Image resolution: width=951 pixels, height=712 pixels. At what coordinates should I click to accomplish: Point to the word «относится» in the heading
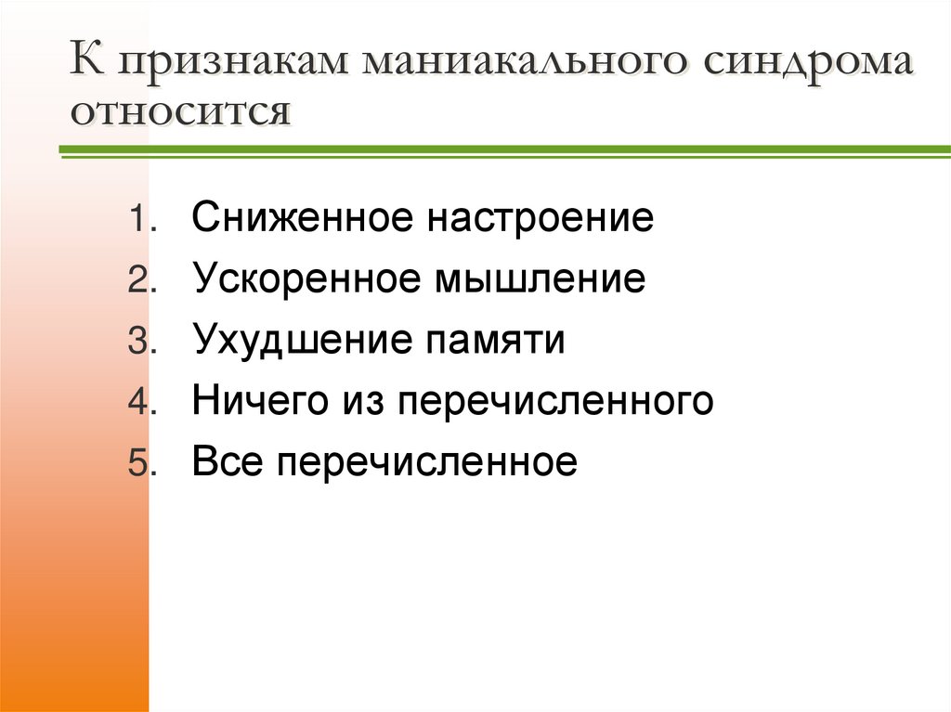click(x=182, y=113)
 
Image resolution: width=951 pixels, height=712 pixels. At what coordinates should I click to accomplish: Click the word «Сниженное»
click(x=302, y=219)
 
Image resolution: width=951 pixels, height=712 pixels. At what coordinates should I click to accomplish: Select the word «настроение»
click(x=541, y=219)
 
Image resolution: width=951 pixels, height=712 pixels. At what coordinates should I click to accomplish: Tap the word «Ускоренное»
click(x=306, y=279)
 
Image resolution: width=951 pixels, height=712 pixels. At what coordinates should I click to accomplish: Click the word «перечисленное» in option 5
click(x=426, y=462)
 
